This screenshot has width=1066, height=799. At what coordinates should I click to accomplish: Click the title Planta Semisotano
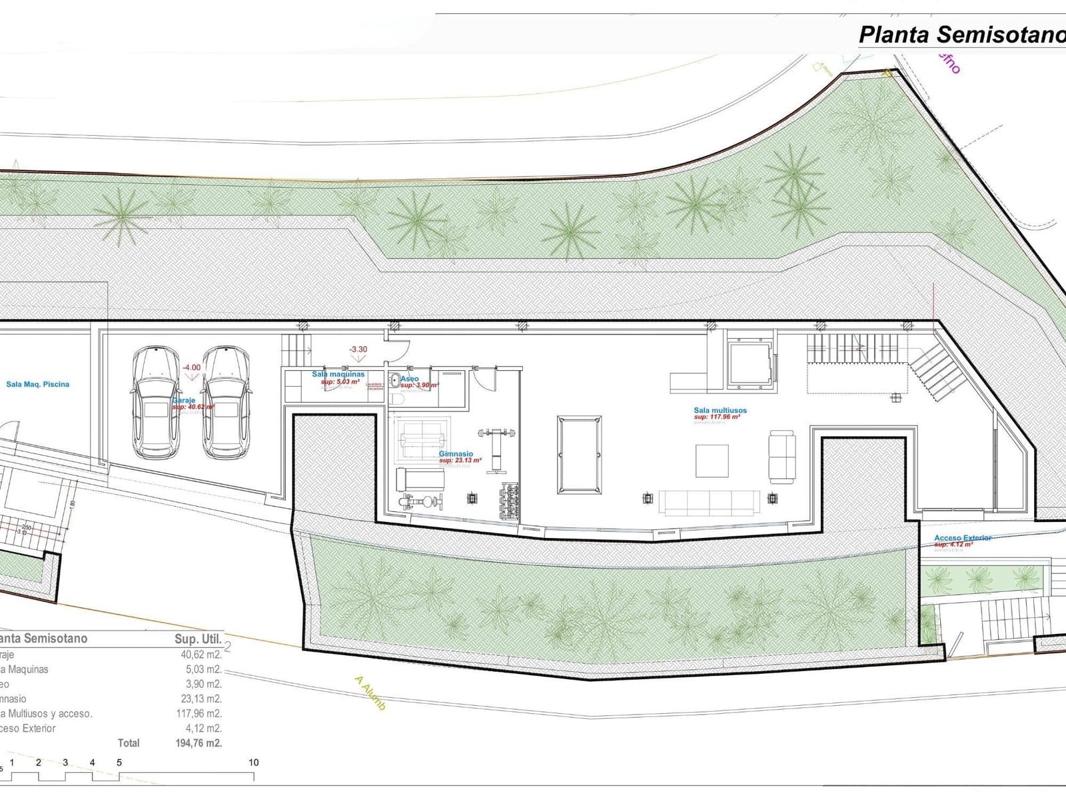[961, 35]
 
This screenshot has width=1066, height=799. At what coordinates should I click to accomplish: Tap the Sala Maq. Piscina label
[37, 384]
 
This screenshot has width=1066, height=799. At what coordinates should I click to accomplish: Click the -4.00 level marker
[191, 368]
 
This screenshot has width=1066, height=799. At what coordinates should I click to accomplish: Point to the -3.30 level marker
[358, 349]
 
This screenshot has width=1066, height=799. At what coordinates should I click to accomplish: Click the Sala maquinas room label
[338, 375]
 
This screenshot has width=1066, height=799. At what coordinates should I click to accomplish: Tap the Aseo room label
[410, 379]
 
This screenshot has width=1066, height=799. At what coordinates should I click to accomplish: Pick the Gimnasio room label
[456, 454]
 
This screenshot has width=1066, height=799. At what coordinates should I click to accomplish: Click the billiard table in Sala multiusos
[579, 454]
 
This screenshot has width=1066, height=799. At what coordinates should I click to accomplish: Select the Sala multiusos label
[720, 411]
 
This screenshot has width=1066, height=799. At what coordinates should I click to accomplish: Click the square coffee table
[712, 461]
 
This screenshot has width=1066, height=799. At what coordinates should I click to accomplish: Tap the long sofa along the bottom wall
[709, 502]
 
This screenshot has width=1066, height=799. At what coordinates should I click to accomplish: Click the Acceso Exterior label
[963, 538]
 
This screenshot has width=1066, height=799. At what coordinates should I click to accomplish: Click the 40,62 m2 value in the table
[201, 655]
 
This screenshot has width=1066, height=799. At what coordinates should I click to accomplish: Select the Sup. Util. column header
[198, 639]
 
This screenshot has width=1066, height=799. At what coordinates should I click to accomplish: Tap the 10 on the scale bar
[253, 762]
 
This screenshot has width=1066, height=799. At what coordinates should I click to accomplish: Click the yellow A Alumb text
[370, 693]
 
